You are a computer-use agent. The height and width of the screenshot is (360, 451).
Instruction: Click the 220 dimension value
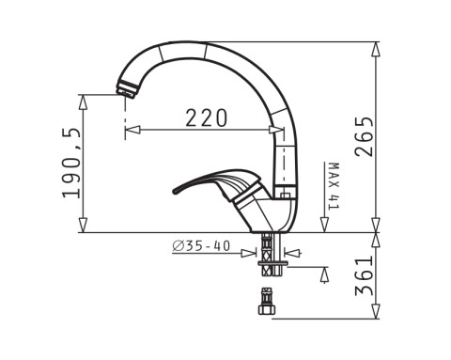[206, 118]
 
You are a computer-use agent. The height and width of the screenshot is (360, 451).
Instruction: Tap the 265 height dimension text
[365, 136]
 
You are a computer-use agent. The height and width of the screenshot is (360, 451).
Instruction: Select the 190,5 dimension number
[72, 163]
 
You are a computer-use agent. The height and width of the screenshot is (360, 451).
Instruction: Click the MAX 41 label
[334, 186]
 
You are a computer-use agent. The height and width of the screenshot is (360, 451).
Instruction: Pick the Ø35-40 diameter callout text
[201, 246]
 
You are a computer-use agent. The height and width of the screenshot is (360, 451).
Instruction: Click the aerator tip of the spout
[127, 89]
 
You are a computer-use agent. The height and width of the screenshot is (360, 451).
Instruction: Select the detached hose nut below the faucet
[267, 302]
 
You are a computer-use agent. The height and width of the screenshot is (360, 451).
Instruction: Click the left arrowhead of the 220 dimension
[132, 130]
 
